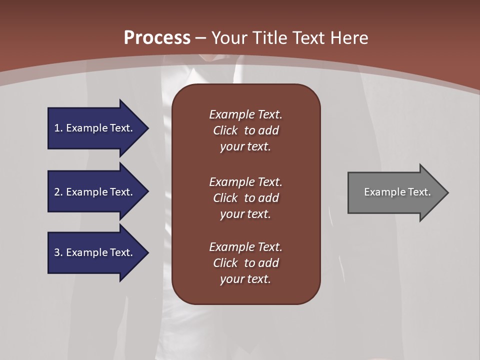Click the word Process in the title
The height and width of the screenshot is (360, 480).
pyautogui.click(x=157, y=37)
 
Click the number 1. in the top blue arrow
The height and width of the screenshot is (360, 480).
pyautogui.click(x=58, y=128)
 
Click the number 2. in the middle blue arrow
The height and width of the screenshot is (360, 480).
pyautogui.click(x=58, y=192)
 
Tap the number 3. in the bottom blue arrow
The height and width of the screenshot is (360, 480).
pyautogui.click(x=58, y=252)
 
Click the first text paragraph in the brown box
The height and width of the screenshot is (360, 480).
pyautogui.click(x=245, y=130)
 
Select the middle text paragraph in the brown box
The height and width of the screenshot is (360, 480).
pyautogui.click(x=245, y=198)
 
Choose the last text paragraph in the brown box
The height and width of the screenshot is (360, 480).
pyautogui.click(x=245, y=263)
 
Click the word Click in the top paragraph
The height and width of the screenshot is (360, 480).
pyautogui.click(x=225, y=130)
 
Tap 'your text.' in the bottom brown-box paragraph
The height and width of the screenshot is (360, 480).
pyautogui.click(x=245, y=279)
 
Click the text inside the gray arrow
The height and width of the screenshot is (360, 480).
pyautogui.click(x=397, y=192)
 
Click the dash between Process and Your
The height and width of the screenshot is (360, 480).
pyautogui.click(x=200, y=38)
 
